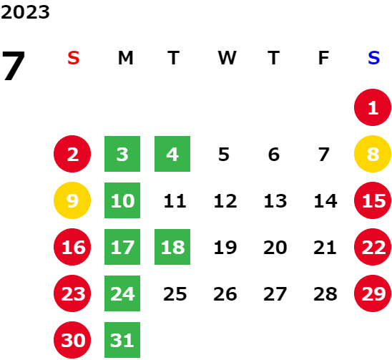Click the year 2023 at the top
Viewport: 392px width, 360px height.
[25, 12]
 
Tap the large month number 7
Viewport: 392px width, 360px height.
[14, 66]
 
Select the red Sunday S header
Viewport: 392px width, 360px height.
[74, 58]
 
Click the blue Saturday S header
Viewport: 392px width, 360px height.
[373, 58]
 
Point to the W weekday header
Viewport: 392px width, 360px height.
[227, 58]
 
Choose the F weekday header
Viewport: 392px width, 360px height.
[323, 58]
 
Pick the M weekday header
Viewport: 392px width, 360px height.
[125, 58]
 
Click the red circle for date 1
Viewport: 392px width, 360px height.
[373, 107]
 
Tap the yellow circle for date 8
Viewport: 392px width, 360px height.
[373, 154]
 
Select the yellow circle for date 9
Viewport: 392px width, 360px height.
[72, 200]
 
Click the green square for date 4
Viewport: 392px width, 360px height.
[172, 154]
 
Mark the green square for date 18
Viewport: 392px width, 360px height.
[172, 247]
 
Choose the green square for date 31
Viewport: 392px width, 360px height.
[122, 340]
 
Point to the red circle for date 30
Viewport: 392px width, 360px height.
[72, 340]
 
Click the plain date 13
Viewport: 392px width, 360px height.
[275, 201]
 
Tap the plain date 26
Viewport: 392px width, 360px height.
[225, 294]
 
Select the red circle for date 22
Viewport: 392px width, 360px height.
[373, 247]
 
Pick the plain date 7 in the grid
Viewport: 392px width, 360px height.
[324, 155]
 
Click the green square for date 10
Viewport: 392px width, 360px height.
[122, 200]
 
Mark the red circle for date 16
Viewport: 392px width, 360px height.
[72, 247]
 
